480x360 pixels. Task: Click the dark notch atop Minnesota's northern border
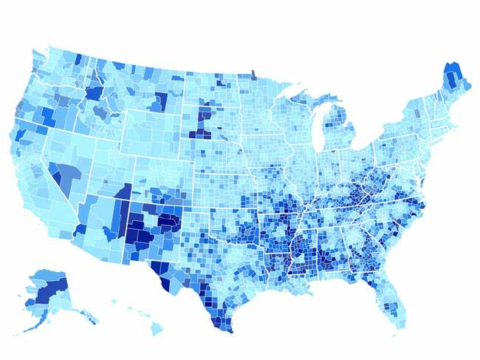click(253, 74)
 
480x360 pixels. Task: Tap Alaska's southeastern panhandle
click(89, 317)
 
